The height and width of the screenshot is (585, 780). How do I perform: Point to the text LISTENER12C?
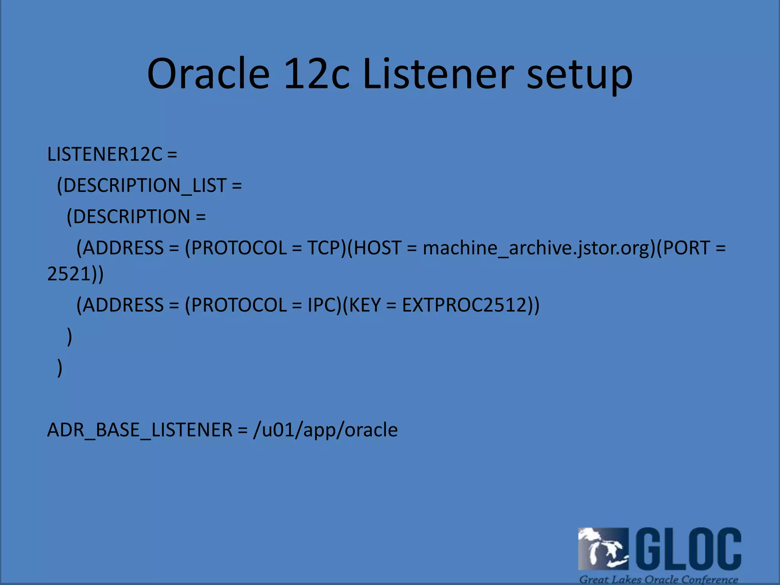105,154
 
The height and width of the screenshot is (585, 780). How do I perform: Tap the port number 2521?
69,274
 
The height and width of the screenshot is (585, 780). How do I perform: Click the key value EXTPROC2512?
464,305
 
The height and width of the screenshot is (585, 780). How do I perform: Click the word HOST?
377,248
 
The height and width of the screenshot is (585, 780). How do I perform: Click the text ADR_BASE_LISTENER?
139,430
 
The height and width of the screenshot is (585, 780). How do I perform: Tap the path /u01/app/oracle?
325,430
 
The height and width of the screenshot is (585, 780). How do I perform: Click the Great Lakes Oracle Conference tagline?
659,579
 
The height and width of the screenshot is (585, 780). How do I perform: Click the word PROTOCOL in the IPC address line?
238,305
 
